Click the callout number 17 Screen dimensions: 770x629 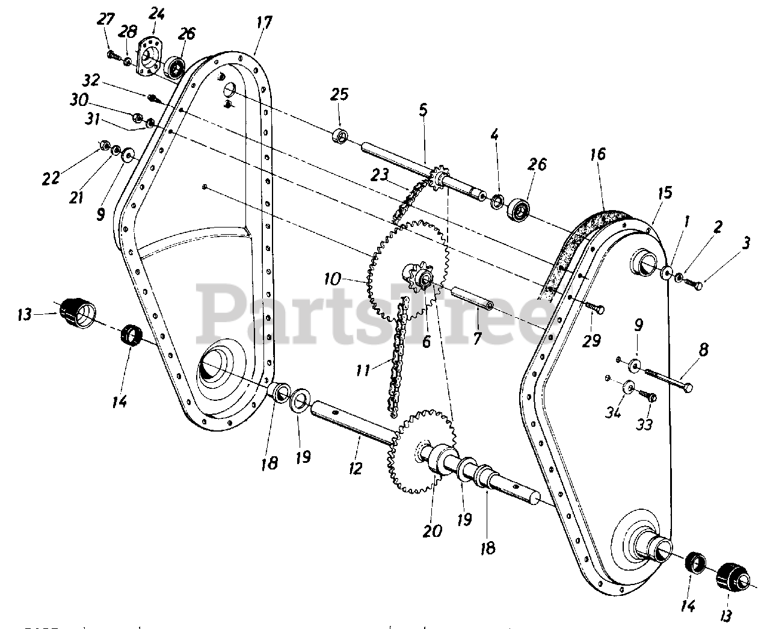pos(264,23)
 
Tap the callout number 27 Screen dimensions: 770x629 pos(106,19)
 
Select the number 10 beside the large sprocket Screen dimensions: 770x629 pos(350,279)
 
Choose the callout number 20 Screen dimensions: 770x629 pos(433,530)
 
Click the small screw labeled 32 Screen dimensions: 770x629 pos(153,96)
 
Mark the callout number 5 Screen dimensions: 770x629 pos(423,110)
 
